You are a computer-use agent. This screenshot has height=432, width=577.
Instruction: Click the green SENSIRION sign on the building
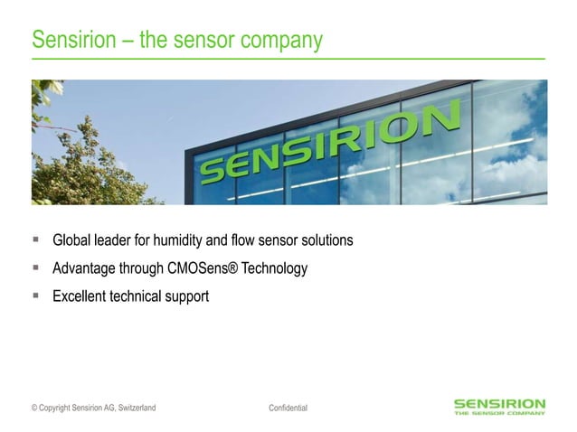point(330,145)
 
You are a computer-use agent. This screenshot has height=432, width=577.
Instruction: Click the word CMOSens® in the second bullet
point(196,268)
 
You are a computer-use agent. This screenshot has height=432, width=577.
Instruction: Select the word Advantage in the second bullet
point(86,268)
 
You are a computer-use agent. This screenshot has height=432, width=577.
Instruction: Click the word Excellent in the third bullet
point(81,296)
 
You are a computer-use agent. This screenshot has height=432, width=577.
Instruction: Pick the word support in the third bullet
point(185,296)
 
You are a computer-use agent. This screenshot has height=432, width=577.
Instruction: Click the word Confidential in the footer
point(288,409)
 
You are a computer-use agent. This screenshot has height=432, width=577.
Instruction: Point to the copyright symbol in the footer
point(34,409)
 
